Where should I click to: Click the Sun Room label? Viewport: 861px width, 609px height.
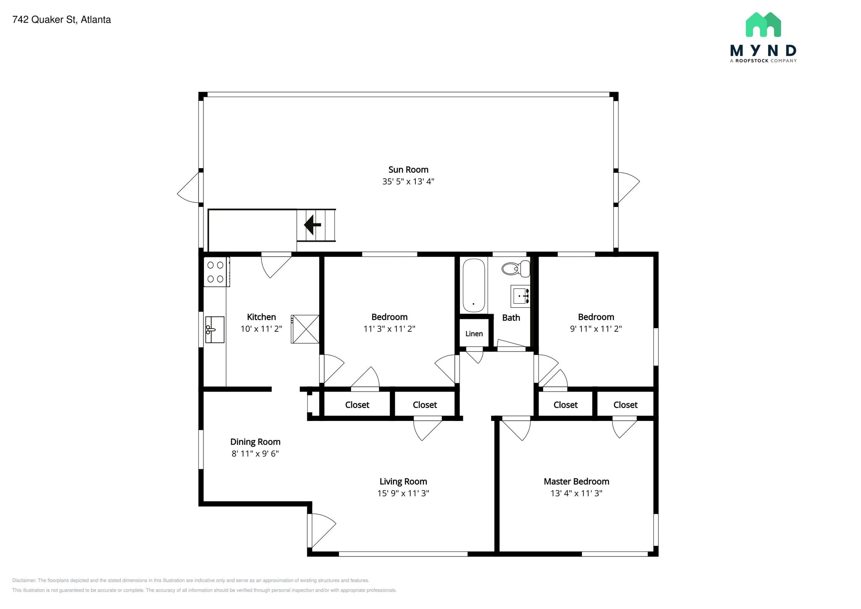[408, 169]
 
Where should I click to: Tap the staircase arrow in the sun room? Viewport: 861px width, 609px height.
[312, 225]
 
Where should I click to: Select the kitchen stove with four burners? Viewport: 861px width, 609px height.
[216, 272]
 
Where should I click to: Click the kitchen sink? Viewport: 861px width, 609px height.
[214, 330]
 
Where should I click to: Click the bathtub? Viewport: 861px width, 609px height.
[474, 285]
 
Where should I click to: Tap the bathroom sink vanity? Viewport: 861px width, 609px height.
[520, 296]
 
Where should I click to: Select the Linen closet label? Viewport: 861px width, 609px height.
[474, 334]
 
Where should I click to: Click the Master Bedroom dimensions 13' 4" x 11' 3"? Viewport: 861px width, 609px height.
[576, 493]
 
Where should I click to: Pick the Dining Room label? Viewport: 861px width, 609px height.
[255, 442]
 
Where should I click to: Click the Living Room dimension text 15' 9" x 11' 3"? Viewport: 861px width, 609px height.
[403, 493]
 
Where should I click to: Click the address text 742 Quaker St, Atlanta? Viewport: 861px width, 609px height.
[62, 20]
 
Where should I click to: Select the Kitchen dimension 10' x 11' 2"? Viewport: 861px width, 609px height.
[261, 328]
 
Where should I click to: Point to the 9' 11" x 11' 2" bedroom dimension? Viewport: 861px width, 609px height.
[596, 328]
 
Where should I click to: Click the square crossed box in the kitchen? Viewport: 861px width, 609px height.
[305, 329]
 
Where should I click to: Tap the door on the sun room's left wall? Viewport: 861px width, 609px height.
[189, 188]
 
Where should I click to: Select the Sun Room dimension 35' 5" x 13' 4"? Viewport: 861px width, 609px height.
[408, 181]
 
